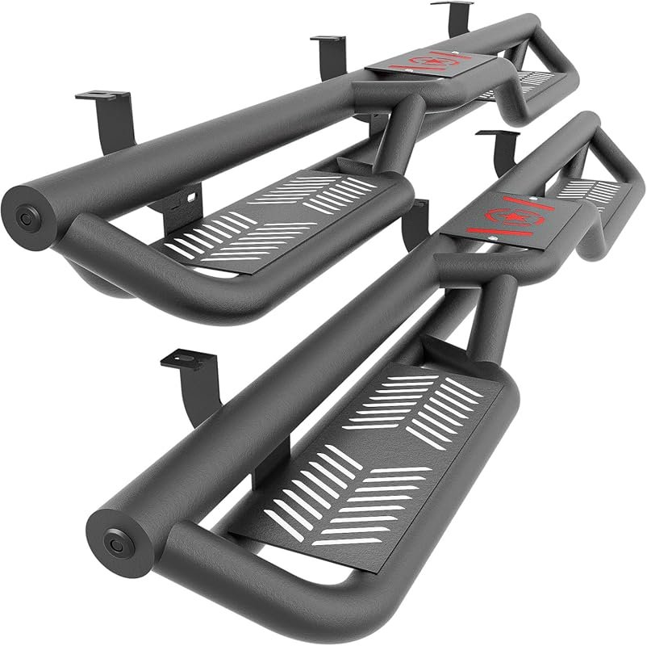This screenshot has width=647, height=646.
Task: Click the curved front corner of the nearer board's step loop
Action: point(186,557)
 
